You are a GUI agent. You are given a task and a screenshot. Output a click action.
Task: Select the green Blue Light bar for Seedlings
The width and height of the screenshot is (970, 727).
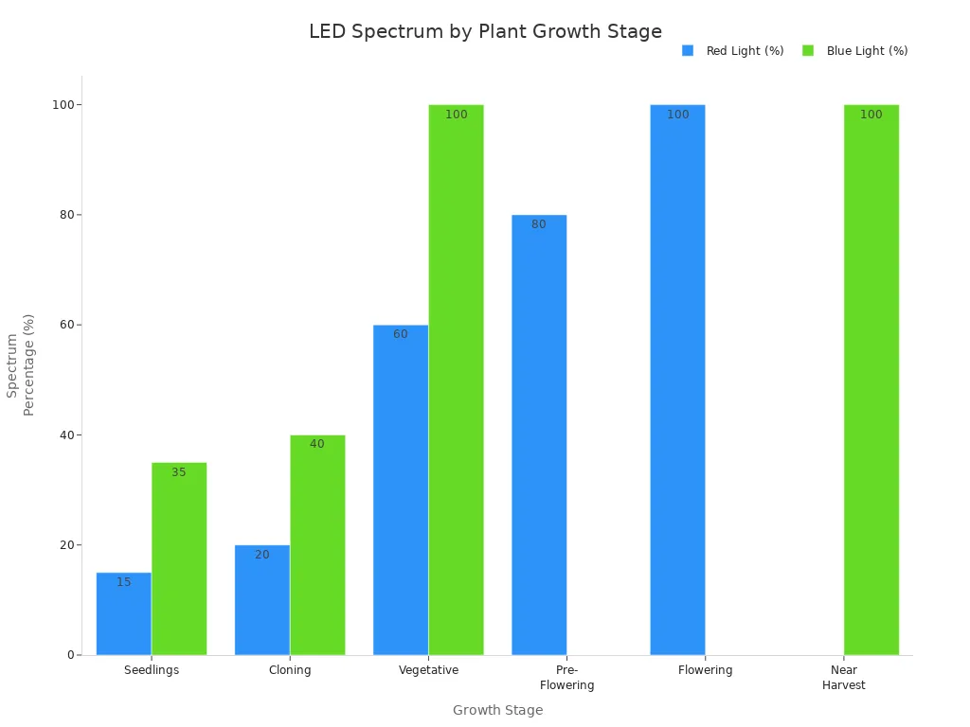point(179,559)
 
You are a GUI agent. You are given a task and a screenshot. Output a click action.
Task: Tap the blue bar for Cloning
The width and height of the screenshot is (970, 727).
point(262,600)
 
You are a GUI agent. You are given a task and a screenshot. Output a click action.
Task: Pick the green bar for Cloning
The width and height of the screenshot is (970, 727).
point(317,545)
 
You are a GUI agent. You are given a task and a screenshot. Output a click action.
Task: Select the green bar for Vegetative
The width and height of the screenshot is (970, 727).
point(456,380)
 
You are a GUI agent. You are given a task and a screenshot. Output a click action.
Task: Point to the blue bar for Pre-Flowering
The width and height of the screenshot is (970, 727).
point(539,435)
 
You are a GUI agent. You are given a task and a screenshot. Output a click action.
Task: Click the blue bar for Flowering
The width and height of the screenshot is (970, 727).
point(677,380)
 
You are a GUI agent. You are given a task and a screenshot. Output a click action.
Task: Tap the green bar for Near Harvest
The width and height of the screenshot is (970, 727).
point(871,380)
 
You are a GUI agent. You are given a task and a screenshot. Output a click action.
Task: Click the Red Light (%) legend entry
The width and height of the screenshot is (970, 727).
point(733,51)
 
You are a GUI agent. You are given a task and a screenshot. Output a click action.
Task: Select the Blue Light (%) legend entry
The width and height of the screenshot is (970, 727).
point(855,51)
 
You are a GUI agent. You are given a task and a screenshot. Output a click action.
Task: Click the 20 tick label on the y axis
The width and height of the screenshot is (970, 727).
point(64,545)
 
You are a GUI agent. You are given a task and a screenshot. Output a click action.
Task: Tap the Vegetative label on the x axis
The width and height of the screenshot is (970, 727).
point(428,670)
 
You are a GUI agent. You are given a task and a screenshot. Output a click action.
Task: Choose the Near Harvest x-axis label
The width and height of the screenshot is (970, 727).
point(843,678)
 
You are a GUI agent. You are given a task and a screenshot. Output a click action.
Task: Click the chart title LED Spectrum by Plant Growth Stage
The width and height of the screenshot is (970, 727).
point(485,31)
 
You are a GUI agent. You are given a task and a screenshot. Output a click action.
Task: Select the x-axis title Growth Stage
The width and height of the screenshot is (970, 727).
point(497,710)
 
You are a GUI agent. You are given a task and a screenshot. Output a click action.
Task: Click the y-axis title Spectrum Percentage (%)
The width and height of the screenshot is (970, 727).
point(20,364)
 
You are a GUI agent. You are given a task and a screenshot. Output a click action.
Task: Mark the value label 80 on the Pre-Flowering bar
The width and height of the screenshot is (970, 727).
point(539,225)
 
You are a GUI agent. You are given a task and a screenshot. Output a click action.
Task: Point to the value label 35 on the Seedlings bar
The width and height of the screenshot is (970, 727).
point(179,472)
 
